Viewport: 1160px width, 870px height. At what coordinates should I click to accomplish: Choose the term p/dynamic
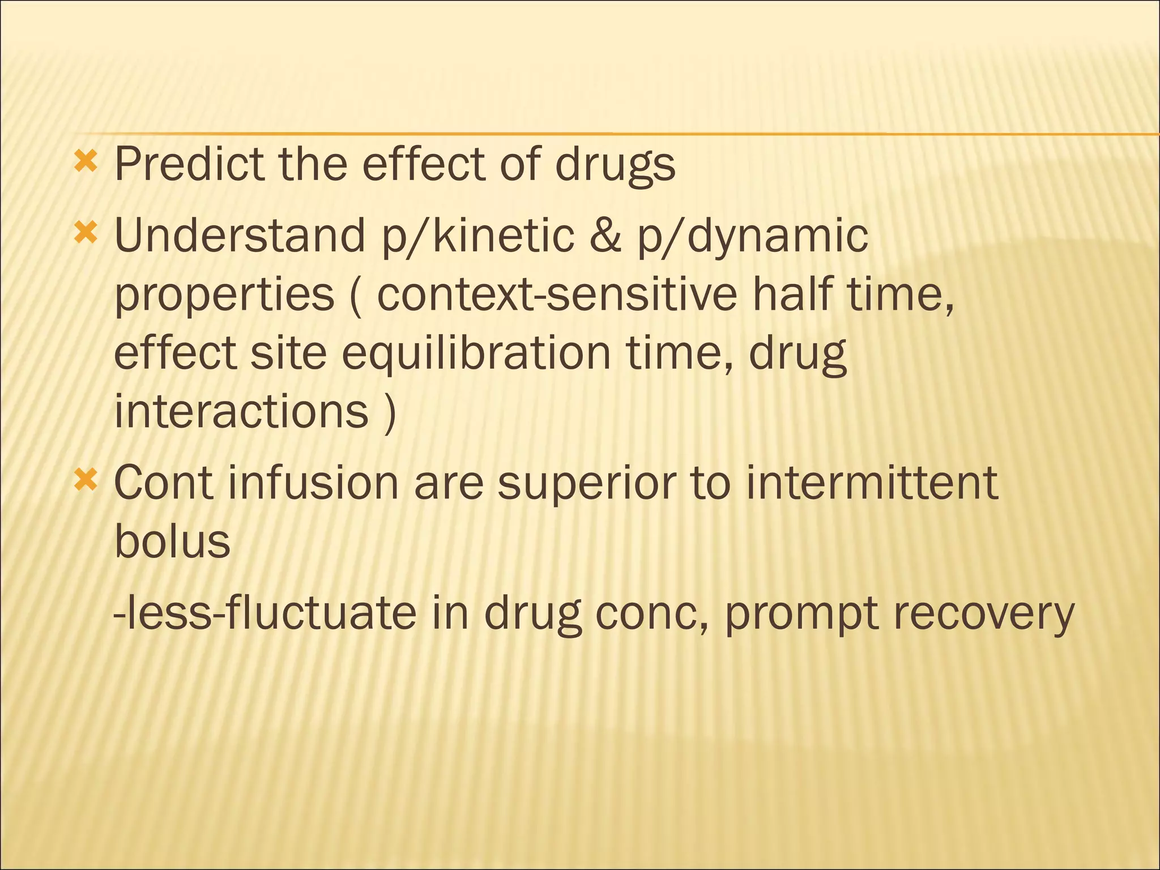[753, 237]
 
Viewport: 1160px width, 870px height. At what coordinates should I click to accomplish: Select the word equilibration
[476, 355]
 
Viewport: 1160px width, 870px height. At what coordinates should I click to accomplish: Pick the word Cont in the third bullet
[164, 483]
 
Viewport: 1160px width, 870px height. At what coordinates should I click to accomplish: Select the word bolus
[172, 541]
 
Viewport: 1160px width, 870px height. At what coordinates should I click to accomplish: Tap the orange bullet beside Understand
[86, 232]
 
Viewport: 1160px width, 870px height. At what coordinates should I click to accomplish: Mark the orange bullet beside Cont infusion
[86, 479]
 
